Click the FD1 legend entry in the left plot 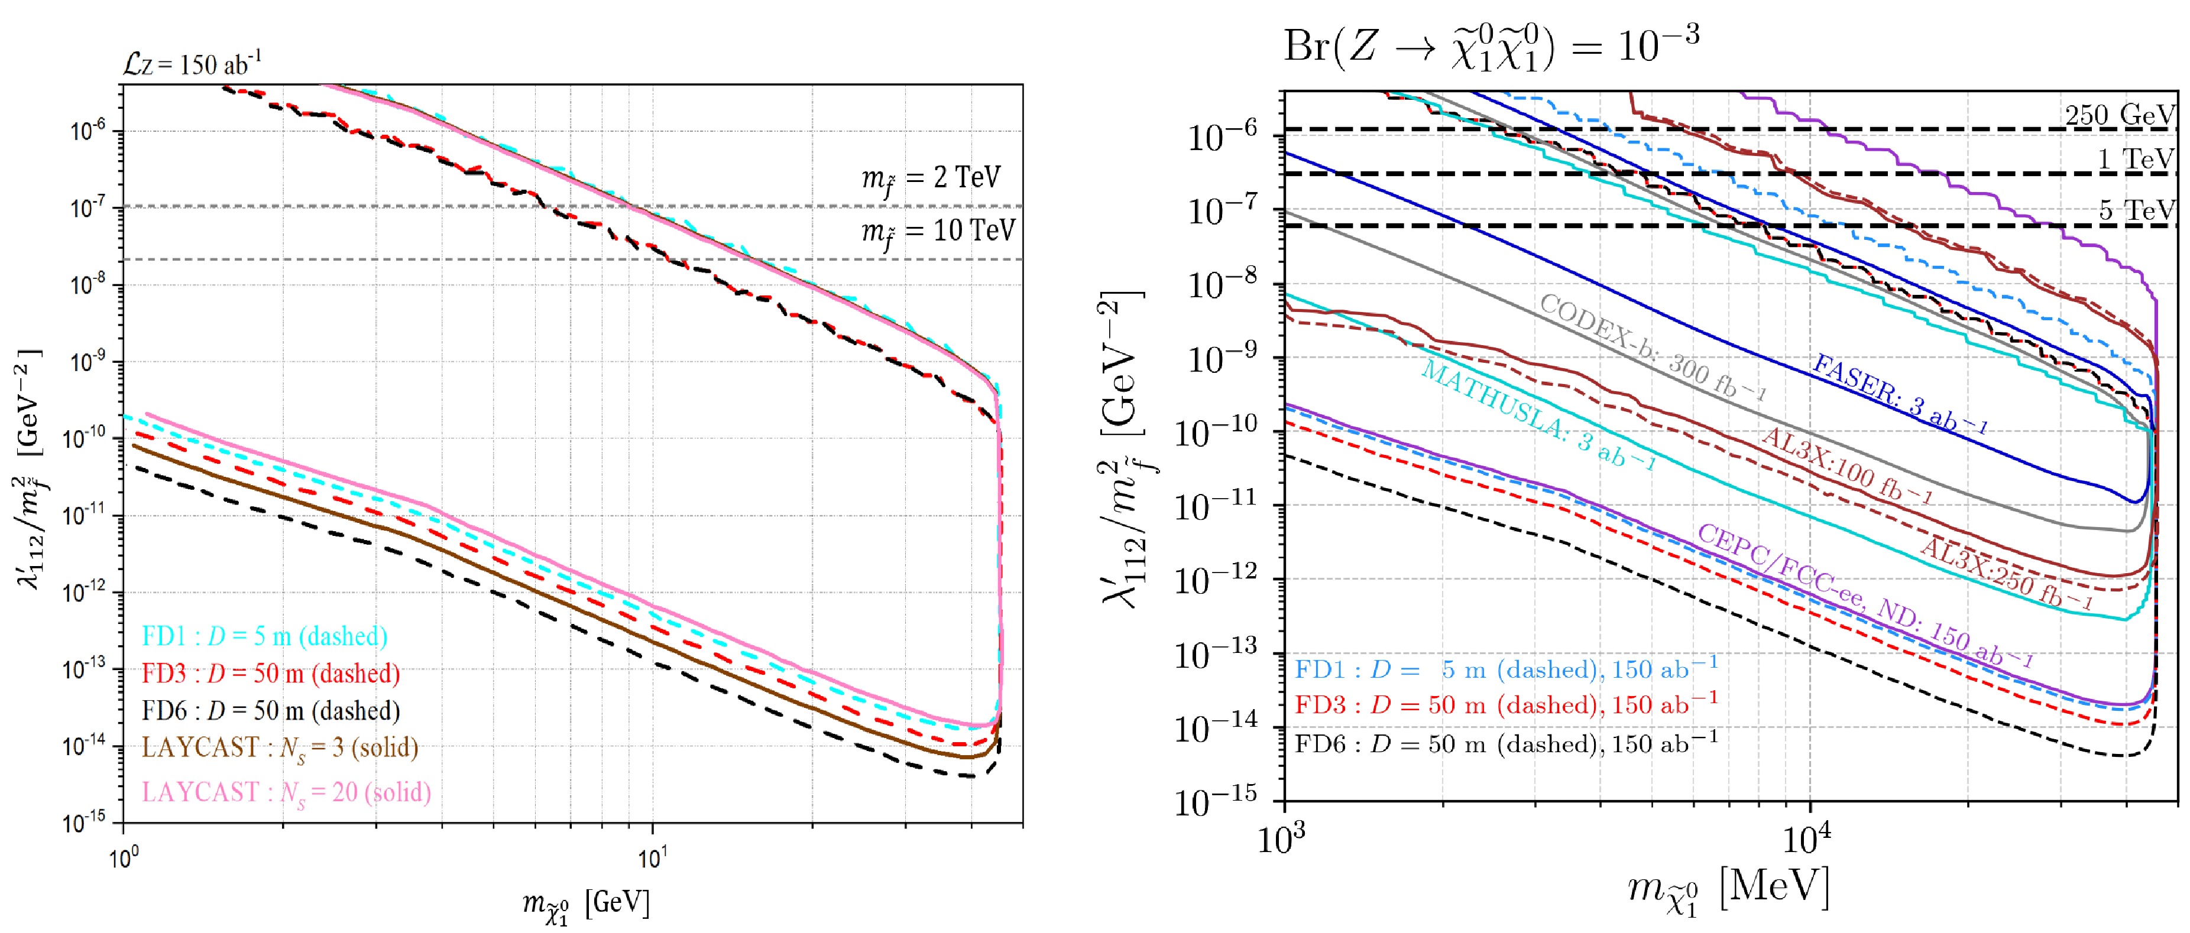click(264, 636)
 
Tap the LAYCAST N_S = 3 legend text click(280, 748)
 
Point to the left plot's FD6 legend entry click(270, 710)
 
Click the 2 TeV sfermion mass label click(931, 178)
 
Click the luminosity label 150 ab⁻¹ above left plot click(192, 64)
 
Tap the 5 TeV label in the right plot click(2136, 209)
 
